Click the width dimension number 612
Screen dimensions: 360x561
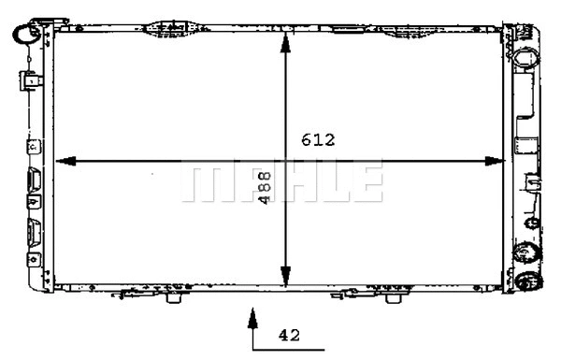click(318, 141)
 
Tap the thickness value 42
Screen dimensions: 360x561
click(289, 333)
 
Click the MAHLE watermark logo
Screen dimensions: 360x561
click(281, 180)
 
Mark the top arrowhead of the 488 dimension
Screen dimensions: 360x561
click(285, 39)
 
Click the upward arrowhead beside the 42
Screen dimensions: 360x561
click(252, 321)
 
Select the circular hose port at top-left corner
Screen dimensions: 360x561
click(23, 35)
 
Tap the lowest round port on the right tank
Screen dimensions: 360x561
click(528, 281)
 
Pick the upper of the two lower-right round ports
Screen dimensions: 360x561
click(525, 252)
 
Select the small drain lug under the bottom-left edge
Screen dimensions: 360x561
click(173, 298)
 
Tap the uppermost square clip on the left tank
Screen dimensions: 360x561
click(33, 80)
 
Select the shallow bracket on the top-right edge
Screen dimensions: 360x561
click(347, 28)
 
